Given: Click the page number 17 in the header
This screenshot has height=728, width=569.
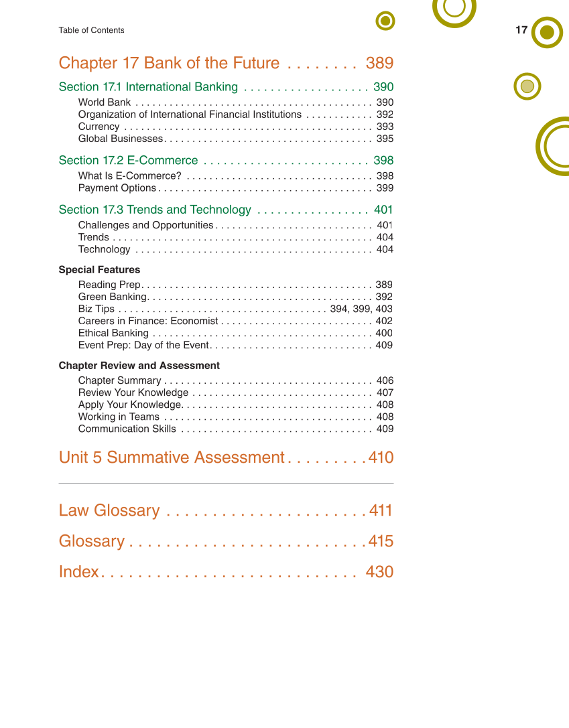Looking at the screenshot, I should [521, 30].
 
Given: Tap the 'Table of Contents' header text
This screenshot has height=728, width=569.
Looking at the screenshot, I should [91, 30].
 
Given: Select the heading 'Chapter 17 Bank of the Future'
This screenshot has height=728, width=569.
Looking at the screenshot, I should [169, 63].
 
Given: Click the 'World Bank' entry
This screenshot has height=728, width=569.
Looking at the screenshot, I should [105, 102].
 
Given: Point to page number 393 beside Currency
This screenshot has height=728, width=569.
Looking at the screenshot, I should [385, 127].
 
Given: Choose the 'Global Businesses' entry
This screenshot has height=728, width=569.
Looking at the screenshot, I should [121, 139].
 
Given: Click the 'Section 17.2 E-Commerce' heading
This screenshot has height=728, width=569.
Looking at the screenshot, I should [128, 161].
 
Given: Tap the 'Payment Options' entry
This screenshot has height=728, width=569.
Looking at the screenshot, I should [117, 188].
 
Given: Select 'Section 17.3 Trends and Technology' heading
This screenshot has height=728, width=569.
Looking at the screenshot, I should [155, 210].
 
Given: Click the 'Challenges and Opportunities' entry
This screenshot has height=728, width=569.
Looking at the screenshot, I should [145, 225].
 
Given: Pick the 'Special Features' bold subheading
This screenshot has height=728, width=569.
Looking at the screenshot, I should [99, 270].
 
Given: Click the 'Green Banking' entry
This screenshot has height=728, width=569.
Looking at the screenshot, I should [112, 297].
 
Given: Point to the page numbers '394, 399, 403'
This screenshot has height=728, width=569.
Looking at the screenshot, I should [361, 309].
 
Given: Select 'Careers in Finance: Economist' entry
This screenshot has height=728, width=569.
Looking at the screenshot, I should [148, 321].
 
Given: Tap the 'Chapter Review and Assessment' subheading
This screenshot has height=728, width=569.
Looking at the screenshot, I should [139, 366].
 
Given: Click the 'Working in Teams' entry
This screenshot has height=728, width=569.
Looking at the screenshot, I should [119, 417].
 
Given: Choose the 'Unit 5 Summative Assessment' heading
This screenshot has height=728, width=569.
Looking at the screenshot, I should [172, 457].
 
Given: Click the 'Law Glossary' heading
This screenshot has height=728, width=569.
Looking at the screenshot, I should [109, 510].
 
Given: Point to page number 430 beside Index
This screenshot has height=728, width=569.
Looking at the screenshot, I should [379, 572].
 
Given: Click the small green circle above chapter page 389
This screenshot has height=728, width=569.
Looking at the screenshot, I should [385, 21].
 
